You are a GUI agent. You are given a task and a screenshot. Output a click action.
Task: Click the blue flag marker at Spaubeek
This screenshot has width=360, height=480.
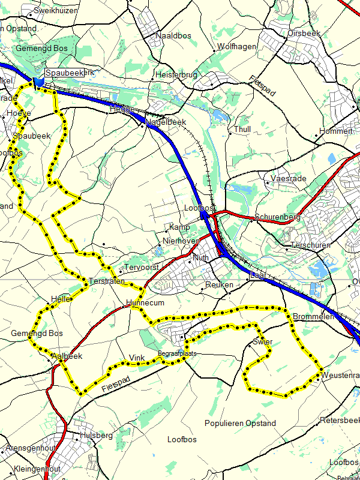pyautogui.click(x=39, y=82)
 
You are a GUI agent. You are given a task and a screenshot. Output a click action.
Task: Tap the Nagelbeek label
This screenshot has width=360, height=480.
pyautogui.click(x=166, y=122)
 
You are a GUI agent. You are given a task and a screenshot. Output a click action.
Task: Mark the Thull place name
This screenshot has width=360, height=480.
pyautogui.click(x=242, y=130)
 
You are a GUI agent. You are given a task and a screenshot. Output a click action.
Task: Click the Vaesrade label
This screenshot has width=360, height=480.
pyautogui.click(x=289, y=179)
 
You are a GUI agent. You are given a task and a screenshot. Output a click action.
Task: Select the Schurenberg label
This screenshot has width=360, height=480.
pyautogui.click(x=277, y=217)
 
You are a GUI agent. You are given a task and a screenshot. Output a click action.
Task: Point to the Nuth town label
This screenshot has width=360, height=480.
pyautogui.click(x=201, y=257)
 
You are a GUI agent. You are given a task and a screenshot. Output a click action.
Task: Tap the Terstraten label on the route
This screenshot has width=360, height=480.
pyautogui.click(x=106, y=281)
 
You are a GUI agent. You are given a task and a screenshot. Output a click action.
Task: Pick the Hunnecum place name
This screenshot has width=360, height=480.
pyautogui.click(x=141, y=304)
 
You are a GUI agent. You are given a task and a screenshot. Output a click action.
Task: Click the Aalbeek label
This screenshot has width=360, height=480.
pyautogui.click(x=67, y=356)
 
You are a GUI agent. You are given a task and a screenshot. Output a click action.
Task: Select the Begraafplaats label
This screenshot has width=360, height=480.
pyautogui.click(x=177, y=354)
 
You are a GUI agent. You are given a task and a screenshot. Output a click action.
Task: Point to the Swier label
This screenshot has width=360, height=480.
pyautogui.click(x=262, y=342)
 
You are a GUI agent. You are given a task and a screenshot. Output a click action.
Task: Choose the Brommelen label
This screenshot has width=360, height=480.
pyautogui.click(x=312, y=316)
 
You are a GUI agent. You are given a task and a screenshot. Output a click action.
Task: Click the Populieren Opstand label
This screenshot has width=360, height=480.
pyautogui.click(x=240, y=423)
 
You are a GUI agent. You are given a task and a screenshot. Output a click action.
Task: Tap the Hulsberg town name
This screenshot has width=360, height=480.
pyautogui.click(x=96, y=436)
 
